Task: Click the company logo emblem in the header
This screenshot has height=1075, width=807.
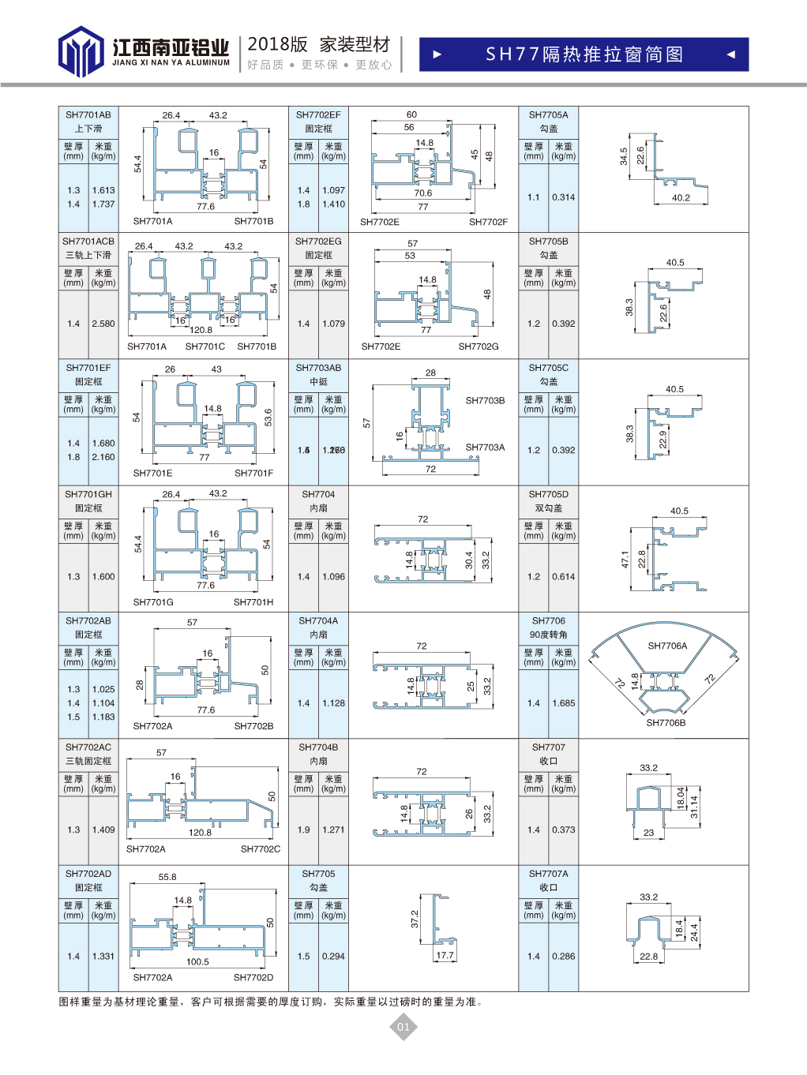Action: coord(81,51)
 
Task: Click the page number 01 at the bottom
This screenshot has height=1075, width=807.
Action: coord(403,1027)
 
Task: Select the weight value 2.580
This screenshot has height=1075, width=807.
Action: coord(103,324)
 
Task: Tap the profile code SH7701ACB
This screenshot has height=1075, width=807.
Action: coord(88,242)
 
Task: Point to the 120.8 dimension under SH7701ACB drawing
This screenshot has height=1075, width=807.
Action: coord(201,330)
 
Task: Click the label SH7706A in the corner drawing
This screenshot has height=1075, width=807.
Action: coord(667,646)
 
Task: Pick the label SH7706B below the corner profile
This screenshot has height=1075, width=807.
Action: coord(666,723)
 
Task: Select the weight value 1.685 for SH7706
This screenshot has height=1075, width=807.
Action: coord(564,703)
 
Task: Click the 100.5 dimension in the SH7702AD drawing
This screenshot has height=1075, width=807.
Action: coord(197,961)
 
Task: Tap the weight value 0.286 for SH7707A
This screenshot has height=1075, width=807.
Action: coord(564,957)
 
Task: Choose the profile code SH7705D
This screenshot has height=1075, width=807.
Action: coord(549,495)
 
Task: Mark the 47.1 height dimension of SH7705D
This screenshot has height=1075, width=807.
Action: coord(625,560)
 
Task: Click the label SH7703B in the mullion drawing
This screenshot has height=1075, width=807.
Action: coord(485,401)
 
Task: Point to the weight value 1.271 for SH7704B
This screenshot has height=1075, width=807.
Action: coord(333,830)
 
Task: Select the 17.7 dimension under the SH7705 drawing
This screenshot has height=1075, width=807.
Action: coord(445,956)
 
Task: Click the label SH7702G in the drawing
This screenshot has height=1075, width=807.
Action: coord(479,346)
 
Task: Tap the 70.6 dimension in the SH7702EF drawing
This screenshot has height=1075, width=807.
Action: coord(423,193)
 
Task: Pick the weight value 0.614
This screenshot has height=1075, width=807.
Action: coord(564,577)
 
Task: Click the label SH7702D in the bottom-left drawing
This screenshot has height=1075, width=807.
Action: coord(253,977)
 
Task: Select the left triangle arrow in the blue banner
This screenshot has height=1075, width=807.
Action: coord(437,54)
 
